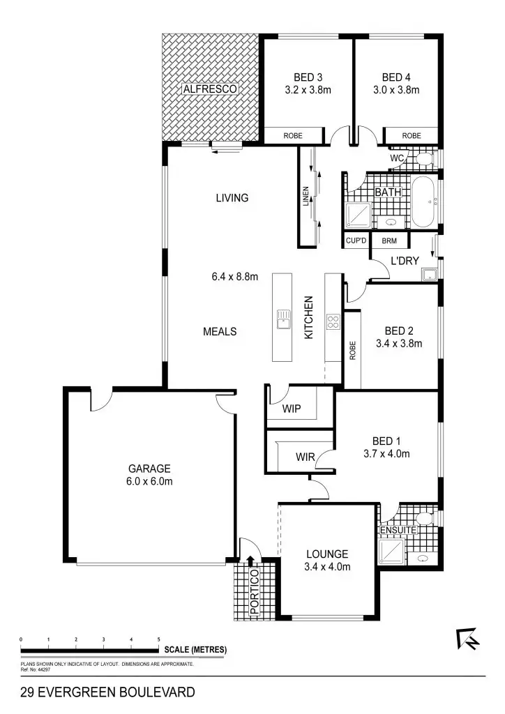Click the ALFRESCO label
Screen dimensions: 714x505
tap(211, 89)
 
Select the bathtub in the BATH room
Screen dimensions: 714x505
tap(423, 202)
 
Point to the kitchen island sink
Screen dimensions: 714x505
tap(282, 319)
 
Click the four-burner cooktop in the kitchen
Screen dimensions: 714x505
tap(333, 322)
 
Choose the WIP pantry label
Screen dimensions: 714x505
tap(292, 409)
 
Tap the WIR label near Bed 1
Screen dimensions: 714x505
tap(305, 457)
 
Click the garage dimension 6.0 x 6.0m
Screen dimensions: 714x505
tap(149, 481)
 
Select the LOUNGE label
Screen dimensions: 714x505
tap(327, 554)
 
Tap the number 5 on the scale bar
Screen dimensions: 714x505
tap(159, 639)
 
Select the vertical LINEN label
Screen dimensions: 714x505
tap(306, 198)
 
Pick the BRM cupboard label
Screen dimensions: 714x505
tap(389, 241)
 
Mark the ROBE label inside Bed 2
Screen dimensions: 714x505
tap(352, 349)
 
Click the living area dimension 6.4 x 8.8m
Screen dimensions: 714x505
tap(235, 276)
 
